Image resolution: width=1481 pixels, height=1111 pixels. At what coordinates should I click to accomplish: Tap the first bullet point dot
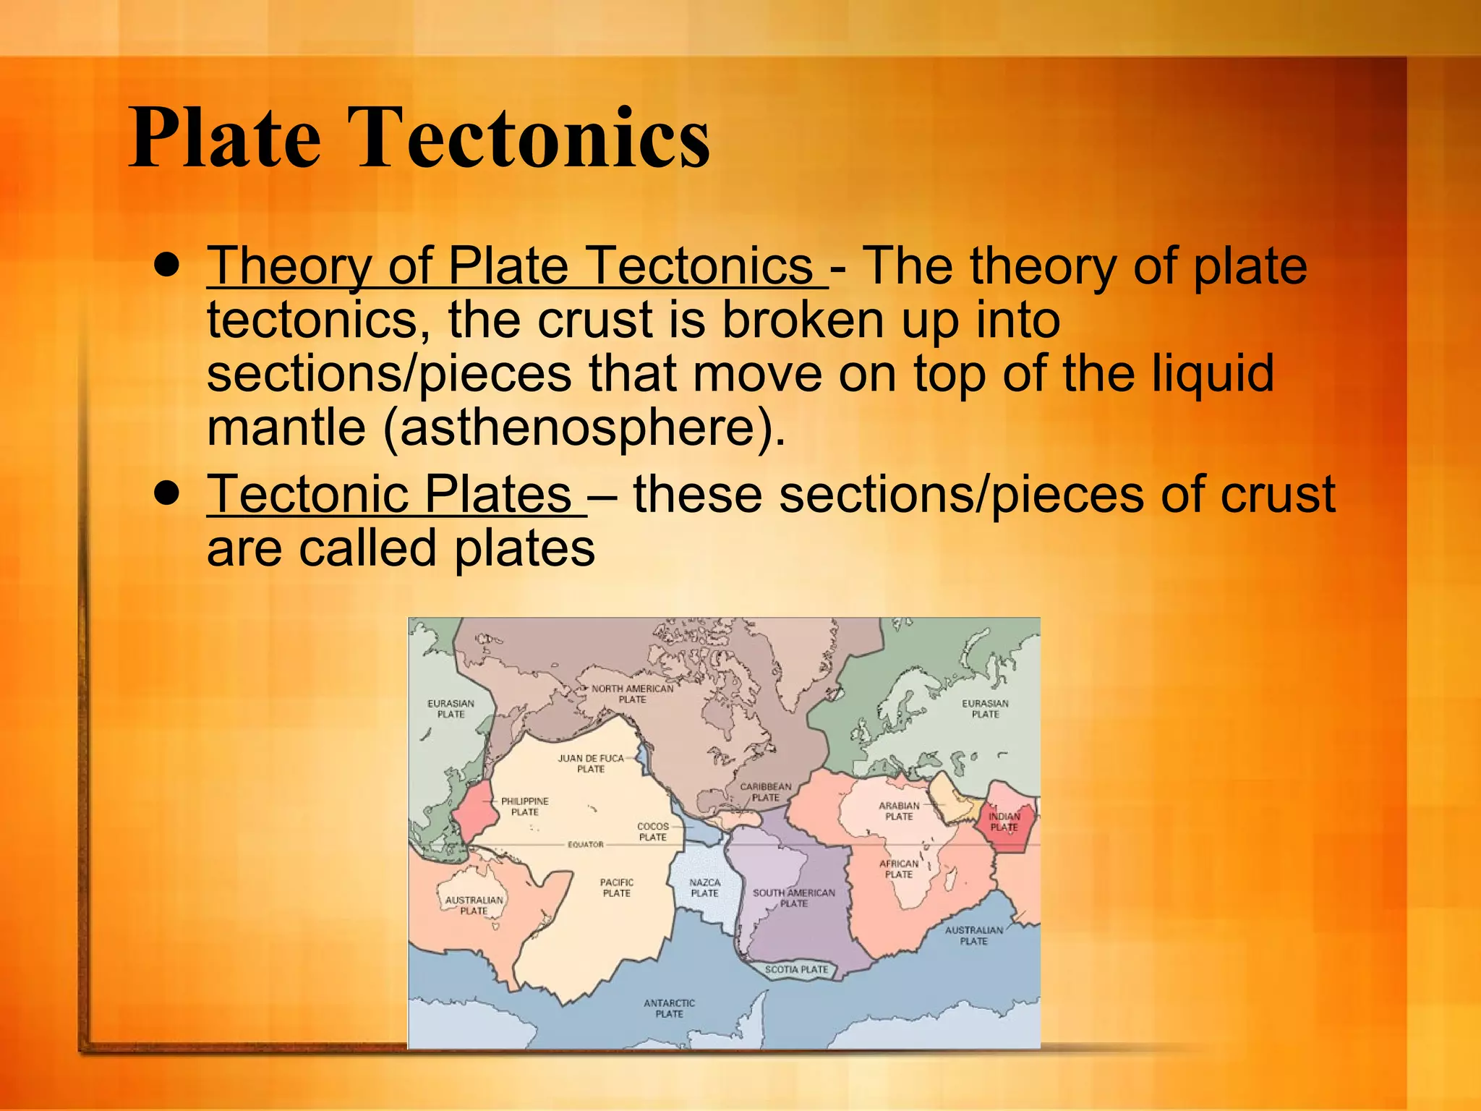167,266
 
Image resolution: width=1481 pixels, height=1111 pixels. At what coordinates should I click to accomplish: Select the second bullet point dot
167,494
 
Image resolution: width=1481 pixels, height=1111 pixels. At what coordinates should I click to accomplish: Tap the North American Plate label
632,694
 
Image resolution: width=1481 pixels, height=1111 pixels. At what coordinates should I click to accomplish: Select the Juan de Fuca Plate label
590,763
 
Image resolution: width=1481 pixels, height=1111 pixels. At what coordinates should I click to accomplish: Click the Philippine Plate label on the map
525,806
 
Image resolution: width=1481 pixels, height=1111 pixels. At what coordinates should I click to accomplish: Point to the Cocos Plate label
652,831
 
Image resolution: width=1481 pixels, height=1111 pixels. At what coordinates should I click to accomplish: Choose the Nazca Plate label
704,887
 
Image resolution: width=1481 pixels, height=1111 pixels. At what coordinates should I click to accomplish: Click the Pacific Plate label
616,887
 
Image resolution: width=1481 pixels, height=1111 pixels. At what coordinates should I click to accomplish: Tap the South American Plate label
793,898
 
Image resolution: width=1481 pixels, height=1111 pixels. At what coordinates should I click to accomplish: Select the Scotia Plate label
796,969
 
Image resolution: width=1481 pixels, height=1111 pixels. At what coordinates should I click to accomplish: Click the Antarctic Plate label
669,1008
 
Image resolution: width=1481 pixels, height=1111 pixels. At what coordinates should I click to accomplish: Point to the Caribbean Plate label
765,791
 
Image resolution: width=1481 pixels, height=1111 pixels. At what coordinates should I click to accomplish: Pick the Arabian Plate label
899,811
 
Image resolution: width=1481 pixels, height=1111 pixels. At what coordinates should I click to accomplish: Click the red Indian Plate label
1004,822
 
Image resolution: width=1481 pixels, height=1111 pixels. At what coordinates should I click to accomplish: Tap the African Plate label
899,869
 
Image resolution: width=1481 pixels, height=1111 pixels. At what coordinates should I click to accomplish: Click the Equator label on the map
585,844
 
